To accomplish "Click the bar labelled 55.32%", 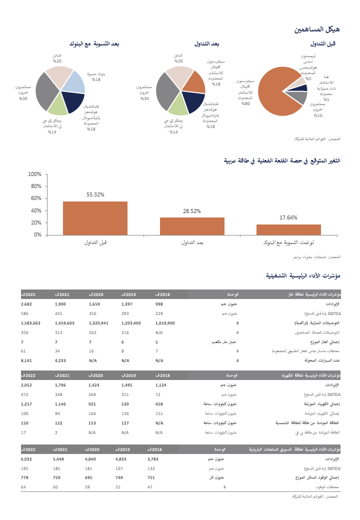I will click(95, 218).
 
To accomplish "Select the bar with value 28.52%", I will click(192, 226).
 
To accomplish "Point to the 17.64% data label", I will click(288, 217).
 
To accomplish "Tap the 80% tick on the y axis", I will click(34, 186).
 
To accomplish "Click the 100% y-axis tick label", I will click(33, 174).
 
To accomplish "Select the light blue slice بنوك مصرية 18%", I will click(73, 83).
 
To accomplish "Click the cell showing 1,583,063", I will click(31, 323).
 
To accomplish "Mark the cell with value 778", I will click(24, 477).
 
